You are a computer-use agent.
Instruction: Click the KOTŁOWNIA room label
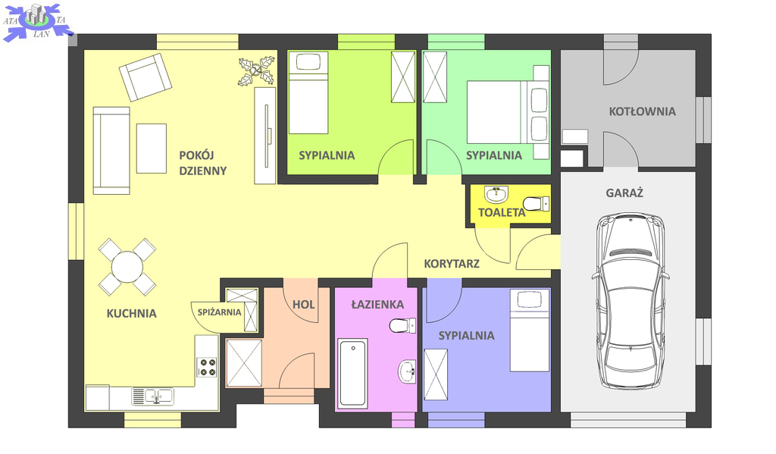pyautogui.click(x=642, y=111)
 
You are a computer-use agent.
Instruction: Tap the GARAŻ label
pyautogui.click(x=624, y=193)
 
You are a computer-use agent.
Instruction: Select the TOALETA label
pyautogui.click(x=502, y=212)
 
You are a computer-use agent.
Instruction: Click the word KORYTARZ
pyautogui.click(x=452, y=264)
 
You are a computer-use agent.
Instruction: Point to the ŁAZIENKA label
pyautogui.click(x=377, y=305)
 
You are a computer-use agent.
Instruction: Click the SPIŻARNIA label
pyautogui.click(x=219, y=312)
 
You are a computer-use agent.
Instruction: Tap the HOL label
pyautogui.click(x=303, y=305)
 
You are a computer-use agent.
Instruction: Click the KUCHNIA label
pyautogui.click(x=131, y=313)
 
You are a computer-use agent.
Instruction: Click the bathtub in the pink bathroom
pyautogui.click(x=352, y=373)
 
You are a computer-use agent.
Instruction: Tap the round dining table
pyautogui.click(x=127, y=267)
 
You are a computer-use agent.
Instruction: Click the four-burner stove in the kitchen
pyautogui.click(x=207, y=367)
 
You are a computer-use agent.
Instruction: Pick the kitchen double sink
pyautogui.click(x=152, y=396)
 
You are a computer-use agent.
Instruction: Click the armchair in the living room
pyautogui.click(x=145, y=77)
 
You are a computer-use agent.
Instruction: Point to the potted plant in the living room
pyautogui.click(x=256, y=71)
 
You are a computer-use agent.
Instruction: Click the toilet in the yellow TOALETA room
pyautogui.click(x=536, y=203)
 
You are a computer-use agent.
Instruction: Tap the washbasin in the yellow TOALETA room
pyautogui.click(x=496, y=195)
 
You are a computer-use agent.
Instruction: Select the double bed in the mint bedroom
pyautogui.click(x=508, y=112)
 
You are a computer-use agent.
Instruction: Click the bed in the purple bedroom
pyautogui.click(x=530, y=330)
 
